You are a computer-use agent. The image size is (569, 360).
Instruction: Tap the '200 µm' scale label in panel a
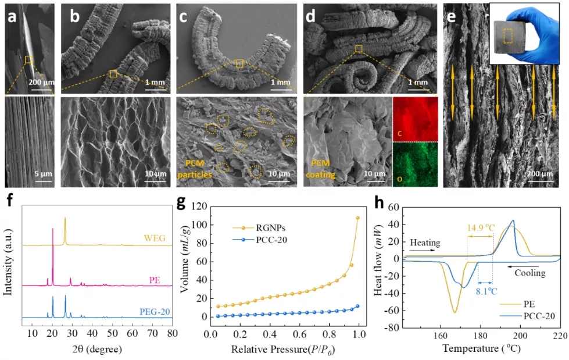click(x=41, y=81)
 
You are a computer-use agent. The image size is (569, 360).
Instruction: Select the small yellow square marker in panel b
click(x=113, y=74)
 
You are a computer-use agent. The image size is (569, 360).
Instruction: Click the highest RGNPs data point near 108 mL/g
click(x=357, y=218)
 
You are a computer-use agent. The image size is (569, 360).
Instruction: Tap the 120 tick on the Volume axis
click(x=201, y=207)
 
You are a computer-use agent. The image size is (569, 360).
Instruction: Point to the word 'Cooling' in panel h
click(x=529, y=273)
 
